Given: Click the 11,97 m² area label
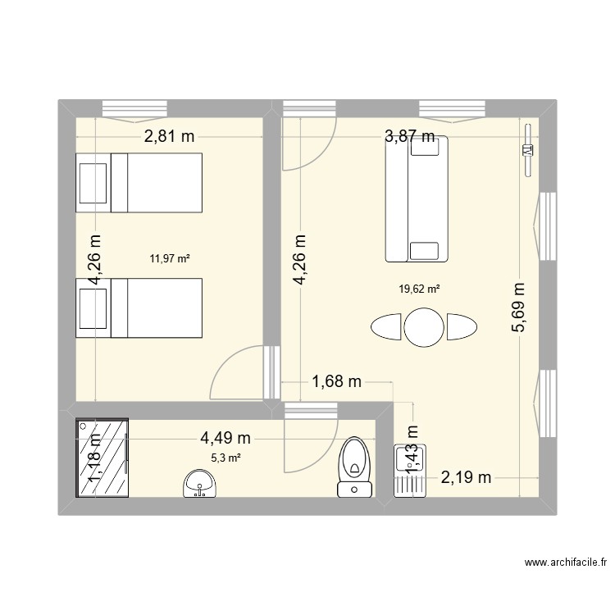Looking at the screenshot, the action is [x=170, y=258].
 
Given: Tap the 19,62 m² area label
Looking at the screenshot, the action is [x=419, y=289].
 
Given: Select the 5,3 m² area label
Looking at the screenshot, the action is [x=226, y=458].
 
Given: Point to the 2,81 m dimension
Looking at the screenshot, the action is [x=170, y=136].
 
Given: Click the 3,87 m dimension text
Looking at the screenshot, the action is [x=410, y=136].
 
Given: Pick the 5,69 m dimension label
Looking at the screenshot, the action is [x=519, y=307].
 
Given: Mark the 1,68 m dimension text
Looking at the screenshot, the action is [x=336, y=380].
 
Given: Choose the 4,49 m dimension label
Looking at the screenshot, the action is [x=225, y=438].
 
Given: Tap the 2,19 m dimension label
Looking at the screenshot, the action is [x=466, y=478].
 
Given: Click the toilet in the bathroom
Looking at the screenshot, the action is [x=355, y=467].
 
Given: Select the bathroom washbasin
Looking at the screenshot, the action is [x=199, y=484].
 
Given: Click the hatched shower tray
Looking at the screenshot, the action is [x=102, y=458].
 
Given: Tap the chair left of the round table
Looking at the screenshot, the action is [x=385, y=326].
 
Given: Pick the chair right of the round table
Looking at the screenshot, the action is [x=462, y=326].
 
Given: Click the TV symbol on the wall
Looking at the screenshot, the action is [x=528, y=150].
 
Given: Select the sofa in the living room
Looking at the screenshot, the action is [x=417, y=199].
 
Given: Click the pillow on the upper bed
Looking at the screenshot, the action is [x=93, y=183].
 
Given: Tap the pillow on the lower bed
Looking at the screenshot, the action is [x=93, y=308].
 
